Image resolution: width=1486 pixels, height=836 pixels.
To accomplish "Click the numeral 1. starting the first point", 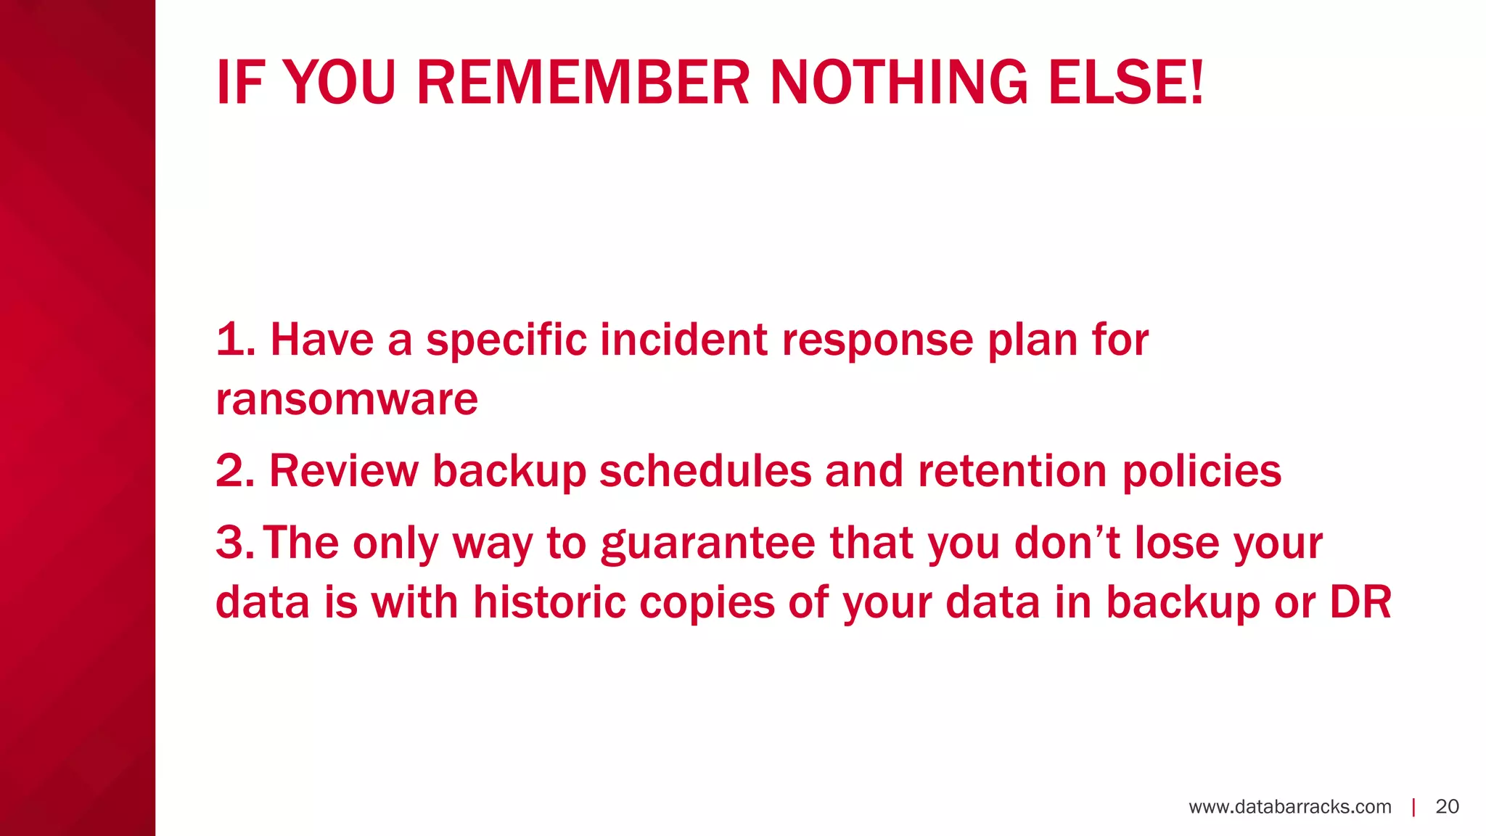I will click(235, 340).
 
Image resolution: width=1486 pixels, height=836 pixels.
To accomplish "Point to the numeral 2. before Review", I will click(235, 471).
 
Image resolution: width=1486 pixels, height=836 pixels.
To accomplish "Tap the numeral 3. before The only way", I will click(234, 543).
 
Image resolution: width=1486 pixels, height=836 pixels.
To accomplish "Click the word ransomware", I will click(347, 399).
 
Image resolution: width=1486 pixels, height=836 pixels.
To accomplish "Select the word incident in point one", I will click(683, 340).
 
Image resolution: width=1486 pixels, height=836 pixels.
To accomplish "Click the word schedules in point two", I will click(705, 471).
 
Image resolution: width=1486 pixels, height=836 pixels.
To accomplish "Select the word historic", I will click(549, 602).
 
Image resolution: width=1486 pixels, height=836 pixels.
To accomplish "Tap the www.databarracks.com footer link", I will click(1289, 807).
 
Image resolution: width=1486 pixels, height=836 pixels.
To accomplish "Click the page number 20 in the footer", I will click(1447, 807).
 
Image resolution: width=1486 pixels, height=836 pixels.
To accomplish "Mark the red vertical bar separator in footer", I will click(1413, 807).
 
